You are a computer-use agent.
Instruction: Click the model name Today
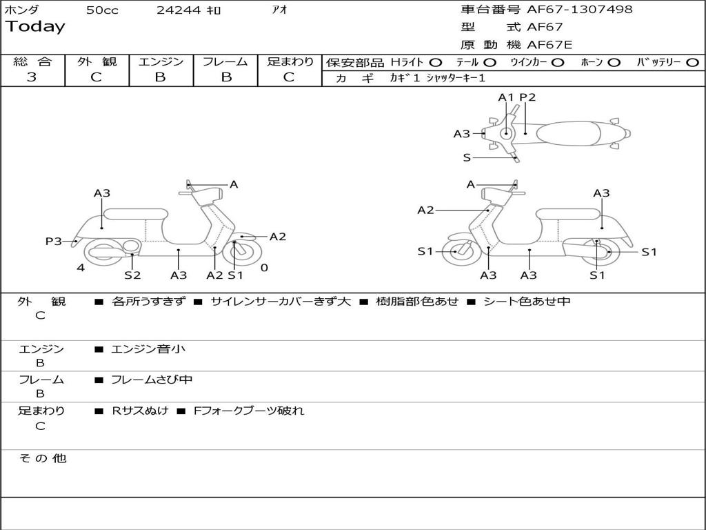point(35,27)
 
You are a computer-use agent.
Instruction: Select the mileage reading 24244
point(179,10)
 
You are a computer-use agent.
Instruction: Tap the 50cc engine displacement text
point(102,10)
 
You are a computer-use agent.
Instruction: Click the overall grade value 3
point(32,77)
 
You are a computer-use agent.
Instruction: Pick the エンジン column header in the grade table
point(161,62)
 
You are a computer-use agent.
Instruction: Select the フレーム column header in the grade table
point(225,62)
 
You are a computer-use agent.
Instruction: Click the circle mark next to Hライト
point(436,63)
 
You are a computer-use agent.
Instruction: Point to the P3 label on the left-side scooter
point(53,241)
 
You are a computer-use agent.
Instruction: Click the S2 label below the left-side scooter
point(132,275)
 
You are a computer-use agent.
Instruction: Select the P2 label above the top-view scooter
point(527,97)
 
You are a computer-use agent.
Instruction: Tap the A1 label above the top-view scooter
point(507,97)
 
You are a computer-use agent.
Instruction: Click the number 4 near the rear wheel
point(81,268)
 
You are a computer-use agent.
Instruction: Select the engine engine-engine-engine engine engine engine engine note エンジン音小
point(148,349)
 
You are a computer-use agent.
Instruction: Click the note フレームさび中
point(152,380)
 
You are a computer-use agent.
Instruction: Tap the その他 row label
point(42,458)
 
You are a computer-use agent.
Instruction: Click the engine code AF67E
point(549,45)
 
